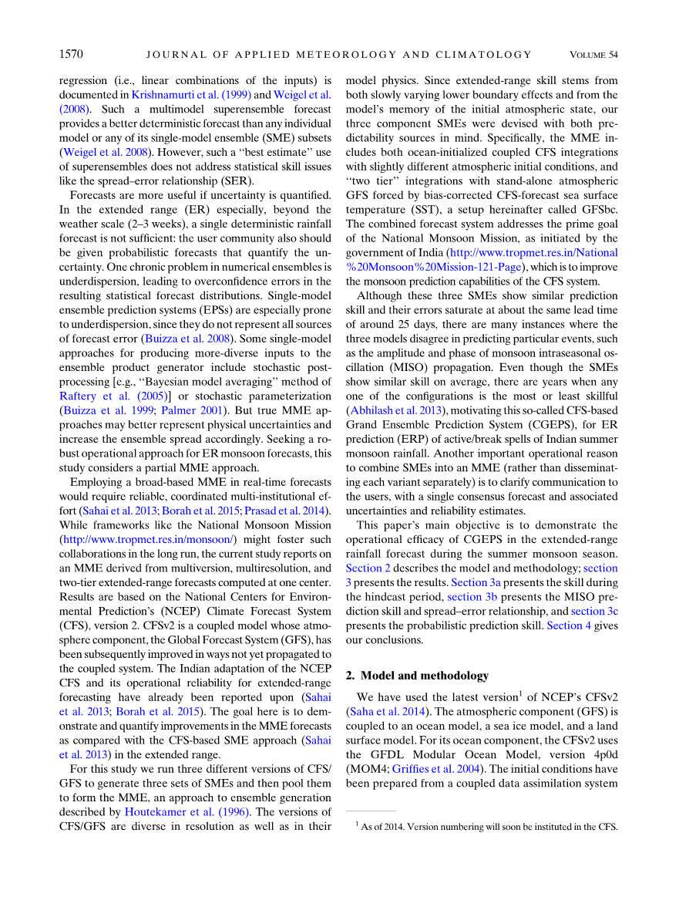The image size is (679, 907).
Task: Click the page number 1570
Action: point(71,54)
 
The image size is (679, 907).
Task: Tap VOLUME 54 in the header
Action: point(593,55)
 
